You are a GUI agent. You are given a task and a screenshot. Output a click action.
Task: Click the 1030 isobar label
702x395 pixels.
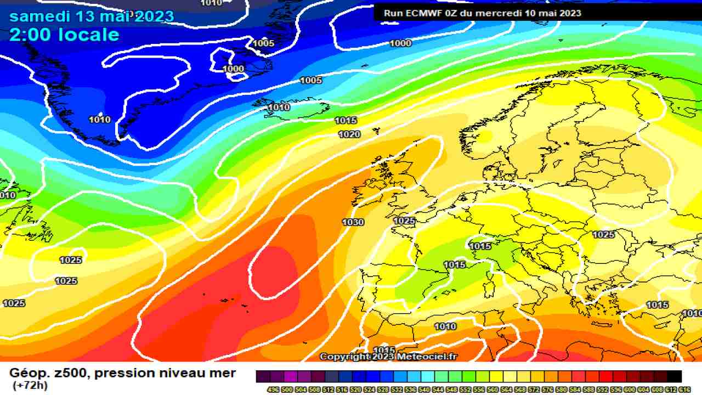pos(353,222)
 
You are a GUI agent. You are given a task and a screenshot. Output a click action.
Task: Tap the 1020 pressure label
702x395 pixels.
pos(349,134)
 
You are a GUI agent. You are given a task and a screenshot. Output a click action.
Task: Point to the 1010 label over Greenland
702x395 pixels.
pos(99,120)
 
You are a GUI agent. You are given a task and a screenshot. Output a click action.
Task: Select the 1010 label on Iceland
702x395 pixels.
pos(279,107)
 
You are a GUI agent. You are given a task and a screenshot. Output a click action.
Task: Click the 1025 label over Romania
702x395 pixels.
pos(603,234)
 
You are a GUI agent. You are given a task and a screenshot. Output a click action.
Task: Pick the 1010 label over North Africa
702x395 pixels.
pos(445,326)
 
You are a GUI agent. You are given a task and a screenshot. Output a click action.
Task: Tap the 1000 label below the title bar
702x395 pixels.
pos(400,43)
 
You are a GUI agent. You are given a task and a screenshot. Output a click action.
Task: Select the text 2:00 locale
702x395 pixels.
pos(64,35)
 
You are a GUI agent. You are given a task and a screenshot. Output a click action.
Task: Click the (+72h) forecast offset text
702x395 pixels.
pos(30,385)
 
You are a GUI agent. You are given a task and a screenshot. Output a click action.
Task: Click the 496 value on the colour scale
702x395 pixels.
pos(273,389)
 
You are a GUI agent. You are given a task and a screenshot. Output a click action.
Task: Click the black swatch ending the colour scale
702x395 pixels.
pos(675,376)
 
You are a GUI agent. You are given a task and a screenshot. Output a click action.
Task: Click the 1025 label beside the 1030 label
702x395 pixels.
pos(405,221)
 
